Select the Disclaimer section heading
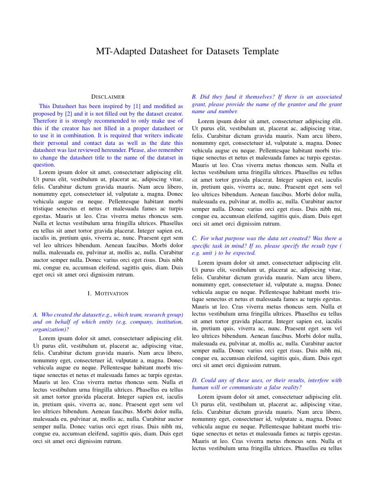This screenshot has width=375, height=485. pos(108,97)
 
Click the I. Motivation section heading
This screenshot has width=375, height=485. pos(108,293)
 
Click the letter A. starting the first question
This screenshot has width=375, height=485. pos(35,314)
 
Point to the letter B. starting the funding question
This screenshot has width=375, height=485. pos(194,97)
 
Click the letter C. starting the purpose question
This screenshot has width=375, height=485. pos(194,238)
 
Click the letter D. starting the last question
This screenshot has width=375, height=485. pos(195,380)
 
